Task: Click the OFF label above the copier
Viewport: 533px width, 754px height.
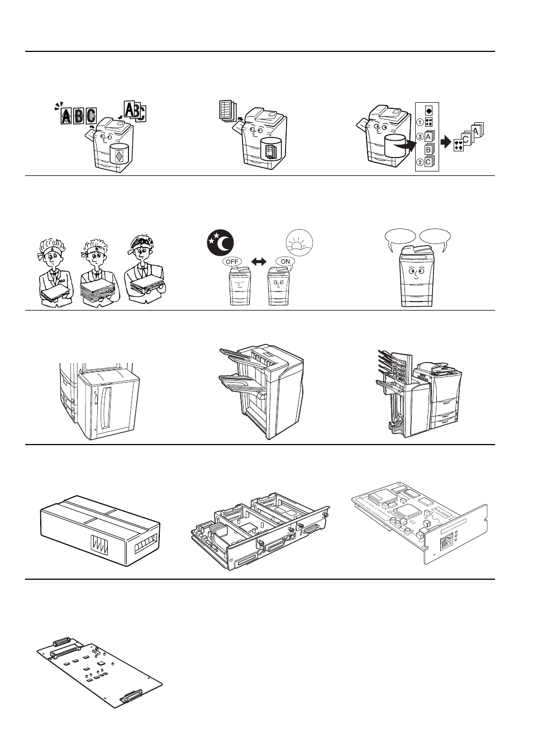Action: (231, 261)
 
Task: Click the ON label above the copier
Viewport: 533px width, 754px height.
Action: (285, 261)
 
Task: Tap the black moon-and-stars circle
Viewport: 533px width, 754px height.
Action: (219, 242)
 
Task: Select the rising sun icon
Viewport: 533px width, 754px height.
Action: (299, 242)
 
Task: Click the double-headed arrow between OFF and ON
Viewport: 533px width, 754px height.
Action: (258, 261)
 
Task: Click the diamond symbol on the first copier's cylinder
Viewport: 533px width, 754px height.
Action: (118, 155)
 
